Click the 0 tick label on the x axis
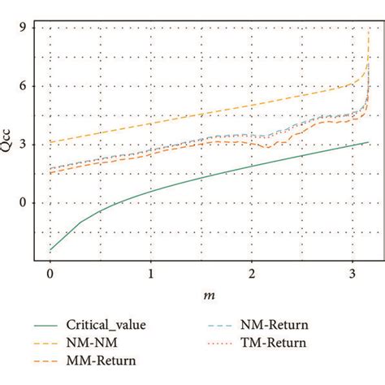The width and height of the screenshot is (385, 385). coord(50,275)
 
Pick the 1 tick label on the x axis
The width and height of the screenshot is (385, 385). coord(151,275)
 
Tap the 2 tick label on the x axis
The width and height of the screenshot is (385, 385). coord(252,275)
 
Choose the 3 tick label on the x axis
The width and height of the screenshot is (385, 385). coord(352,275)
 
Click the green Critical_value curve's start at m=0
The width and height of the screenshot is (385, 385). coord(50,249)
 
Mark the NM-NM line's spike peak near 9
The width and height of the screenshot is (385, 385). coord(370,29)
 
